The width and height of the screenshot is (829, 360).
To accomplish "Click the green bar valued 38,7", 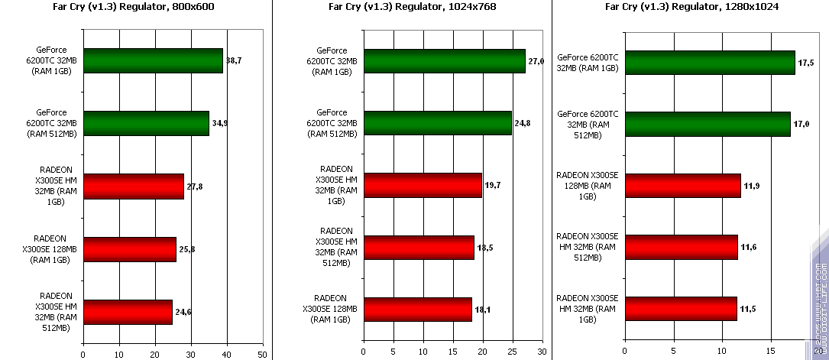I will [153, 60].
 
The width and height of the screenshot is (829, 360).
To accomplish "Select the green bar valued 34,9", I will [146, 123].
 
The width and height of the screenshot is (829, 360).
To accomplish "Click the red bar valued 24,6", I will [128, 312].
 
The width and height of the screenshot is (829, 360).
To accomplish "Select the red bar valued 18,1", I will [418, 309].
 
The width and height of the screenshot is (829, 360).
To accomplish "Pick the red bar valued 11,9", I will [682, 185].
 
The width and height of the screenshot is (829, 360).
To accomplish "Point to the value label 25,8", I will [187, 249].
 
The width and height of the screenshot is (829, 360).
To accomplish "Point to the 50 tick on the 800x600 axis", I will [262, 355].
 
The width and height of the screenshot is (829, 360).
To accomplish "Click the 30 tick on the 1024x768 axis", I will [541, 352].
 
